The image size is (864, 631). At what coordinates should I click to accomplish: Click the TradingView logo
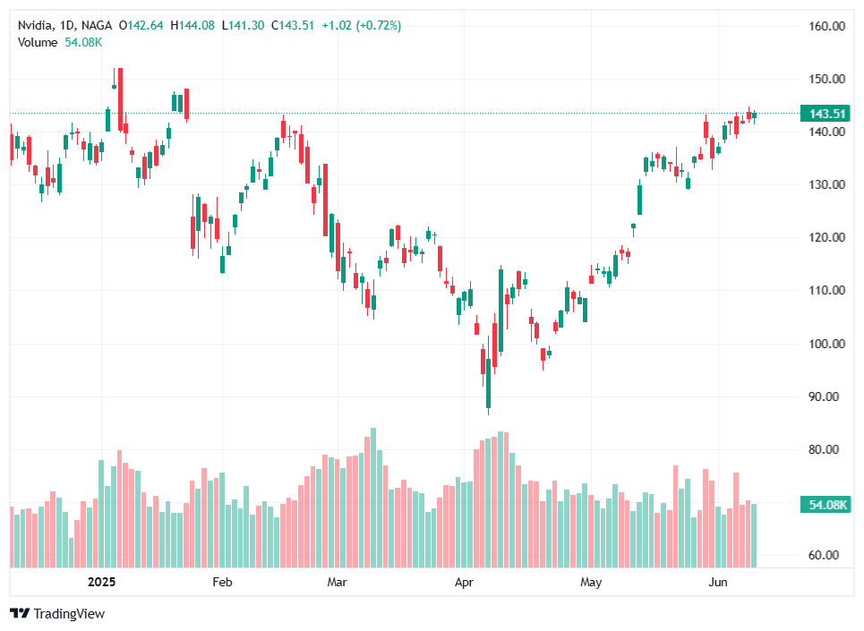tap(57, 613)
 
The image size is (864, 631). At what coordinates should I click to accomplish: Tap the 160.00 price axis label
tap(826, 26)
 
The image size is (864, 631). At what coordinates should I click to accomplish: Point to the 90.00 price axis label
tap(828, 397)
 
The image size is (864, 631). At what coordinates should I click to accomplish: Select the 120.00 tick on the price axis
tap(826, 238)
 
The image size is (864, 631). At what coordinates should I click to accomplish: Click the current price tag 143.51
tap(827, 114)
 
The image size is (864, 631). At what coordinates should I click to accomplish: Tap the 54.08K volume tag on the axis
tap(827, 505)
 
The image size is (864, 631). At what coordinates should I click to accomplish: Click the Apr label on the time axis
tap(464, 583)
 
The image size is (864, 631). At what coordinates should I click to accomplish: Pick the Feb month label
tap(221, 583)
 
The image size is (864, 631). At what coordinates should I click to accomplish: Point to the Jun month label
tap(718, 583)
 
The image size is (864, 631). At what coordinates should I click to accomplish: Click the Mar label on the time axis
tap(338, 583)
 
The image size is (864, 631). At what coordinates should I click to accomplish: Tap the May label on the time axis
tap(591, 583)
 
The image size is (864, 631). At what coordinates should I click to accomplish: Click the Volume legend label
tap(38, 42)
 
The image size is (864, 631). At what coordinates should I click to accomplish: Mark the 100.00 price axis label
tap(826, 344)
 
